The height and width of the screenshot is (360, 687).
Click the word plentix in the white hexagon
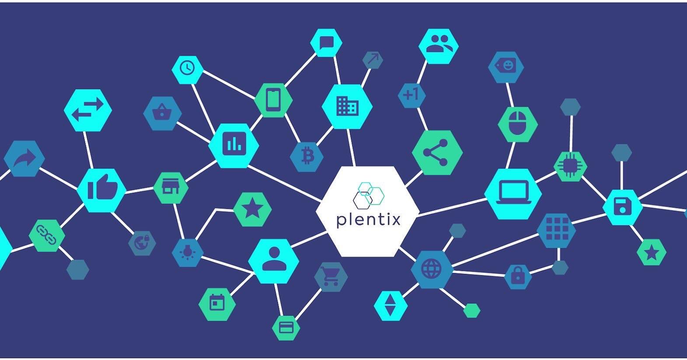tap(368, 219)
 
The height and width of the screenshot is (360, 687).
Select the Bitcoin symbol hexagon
tap(307, 156)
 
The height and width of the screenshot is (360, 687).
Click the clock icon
tap(187, 69)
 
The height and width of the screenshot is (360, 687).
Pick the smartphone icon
tap(273, 100)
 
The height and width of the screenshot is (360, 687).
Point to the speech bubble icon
tap(326, 43)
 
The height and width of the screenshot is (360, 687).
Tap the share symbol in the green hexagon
tap(436, 153)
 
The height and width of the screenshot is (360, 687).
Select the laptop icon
tap(513, 193)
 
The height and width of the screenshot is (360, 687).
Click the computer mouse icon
tap(517, 123)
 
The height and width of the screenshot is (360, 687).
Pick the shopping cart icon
tap(331, 276)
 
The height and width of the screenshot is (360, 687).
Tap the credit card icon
tap(286, 327)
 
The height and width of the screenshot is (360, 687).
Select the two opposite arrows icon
tap(88, 110)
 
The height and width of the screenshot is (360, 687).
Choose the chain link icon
tap(46, 235)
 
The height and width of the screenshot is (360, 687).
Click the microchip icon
tap(570, 166)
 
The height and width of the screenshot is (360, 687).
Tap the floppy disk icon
tap(623, 206)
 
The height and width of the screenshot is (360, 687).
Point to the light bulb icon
tap(188, 252)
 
